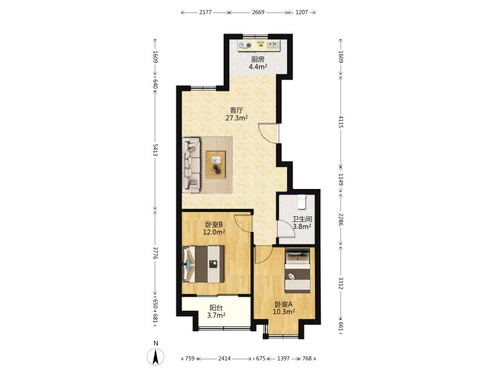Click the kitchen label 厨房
pyautogui.click(x=258, y=59)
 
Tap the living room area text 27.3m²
pyautogui.click(x=237, y=118)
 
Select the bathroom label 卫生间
pyautogui.click(x=302, y=219)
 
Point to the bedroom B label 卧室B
pyautogui.click(x=214, y=224)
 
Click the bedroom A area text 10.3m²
pyautogui.click(x=284, y=312)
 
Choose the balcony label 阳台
pyautogui.click(x=216, y=308)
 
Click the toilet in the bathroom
pyautogui.click(x=301, y=202)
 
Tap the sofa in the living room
pyautogui.click(x=191, y=165)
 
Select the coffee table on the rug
pyautogui.click(x=216, y=164)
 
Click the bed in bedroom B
pyautogui.click(x=204, y=264)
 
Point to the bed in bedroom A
pyautogui.click(x=298, y=272)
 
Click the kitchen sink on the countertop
pyautogui.click(x=273, y=45)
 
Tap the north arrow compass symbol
pyautogui.click(x=155, y=357)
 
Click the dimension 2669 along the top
pyautogui.click(x=258, y=12)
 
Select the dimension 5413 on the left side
pyautogui.click(x=155, y=150)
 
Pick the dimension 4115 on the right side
pyautogui.click(x=340, y=121)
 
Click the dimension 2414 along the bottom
pyautogui.click(x=224, y=359)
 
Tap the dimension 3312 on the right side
pyautogui.click(x=340, y=283)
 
